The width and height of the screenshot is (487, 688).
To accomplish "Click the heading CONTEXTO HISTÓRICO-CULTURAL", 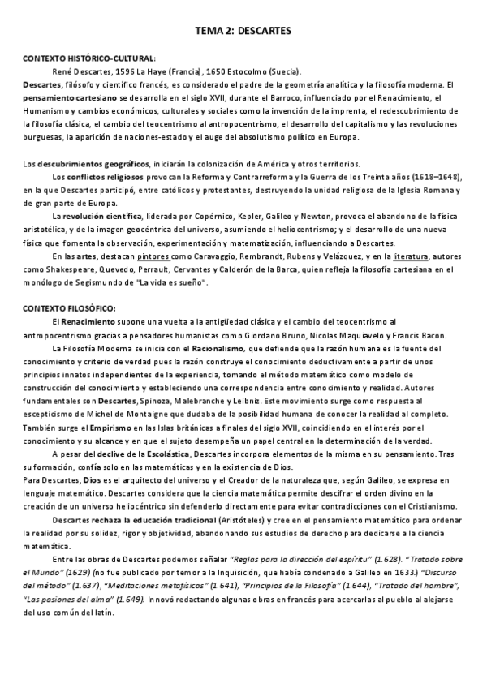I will click(x=88, y=58).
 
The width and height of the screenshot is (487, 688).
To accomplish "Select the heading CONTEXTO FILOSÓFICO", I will click(x=69, y=308).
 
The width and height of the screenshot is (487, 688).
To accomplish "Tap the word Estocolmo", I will click(x=233, y=71).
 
